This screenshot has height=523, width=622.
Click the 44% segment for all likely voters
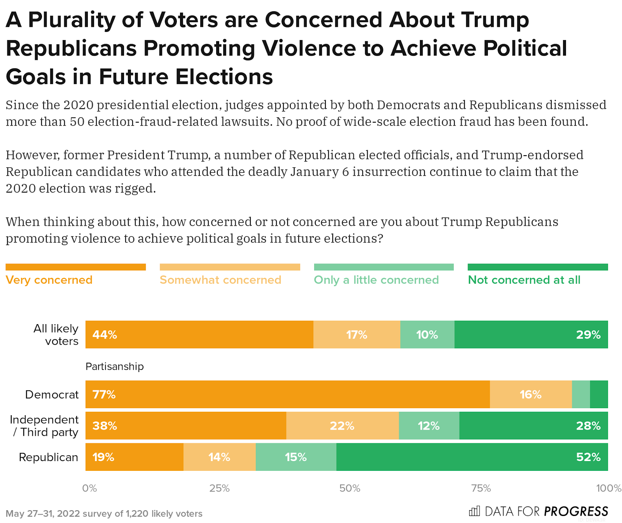coord(199,335)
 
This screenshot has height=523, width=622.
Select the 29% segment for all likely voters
coord(531,335)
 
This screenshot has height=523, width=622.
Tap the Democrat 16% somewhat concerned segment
coord(531,395)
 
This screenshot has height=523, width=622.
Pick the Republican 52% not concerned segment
coord(472,457)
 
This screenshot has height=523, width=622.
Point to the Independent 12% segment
coord(429,426)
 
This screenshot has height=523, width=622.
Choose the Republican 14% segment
coord(219,457)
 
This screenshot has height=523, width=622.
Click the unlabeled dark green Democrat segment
coord(599,395)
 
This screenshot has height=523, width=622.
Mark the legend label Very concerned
coord(49,280)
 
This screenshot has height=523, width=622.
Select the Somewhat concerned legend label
coord(220,280)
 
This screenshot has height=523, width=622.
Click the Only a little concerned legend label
coord(376,280)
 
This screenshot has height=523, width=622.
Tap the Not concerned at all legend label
coord(524,280)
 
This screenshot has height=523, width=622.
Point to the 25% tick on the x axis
coord(220,488)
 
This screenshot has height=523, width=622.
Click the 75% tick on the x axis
coord(481,488)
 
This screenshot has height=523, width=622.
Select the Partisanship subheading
coord(115,367)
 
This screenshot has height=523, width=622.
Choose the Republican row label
coord(49,457)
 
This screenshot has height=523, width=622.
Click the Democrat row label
coord(52,395)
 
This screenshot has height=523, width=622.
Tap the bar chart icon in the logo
coord(474,511)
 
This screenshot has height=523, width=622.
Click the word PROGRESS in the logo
coord(576,511)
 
